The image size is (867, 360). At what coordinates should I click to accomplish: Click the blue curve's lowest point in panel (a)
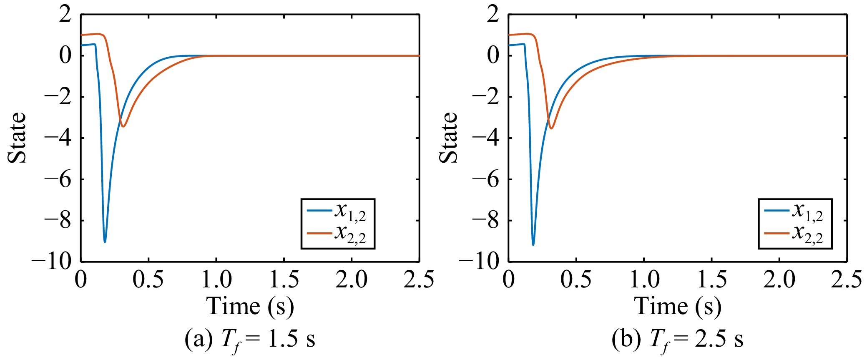click(x=105, y=242)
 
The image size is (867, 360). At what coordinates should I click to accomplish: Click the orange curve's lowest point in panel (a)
click(x=123, y=126)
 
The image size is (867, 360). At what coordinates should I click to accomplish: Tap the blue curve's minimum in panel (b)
click(x=533, y=244)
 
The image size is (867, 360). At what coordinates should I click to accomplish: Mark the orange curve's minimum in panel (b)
click(x=551, y=128)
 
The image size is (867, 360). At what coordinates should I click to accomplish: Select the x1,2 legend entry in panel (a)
click(x=336, y=211)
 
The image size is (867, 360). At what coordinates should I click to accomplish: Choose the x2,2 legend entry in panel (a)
click(x=336, y=233)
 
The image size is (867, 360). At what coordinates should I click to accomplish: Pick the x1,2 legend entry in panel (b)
click(x=793, y=211)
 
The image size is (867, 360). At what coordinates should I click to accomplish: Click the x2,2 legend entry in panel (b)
click(x=793, y=233)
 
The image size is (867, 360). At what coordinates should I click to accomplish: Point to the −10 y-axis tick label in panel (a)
click(x=52, y=262)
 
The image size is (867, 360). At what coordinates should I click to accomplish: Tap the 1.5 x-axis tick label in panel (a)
click(x=284, y=279)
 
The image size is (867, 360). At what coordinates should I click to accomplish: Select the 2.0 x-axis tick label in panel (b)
click(x=779, y=279)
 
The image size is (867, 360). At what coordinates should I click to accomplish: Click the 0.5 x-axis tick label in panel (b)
click(x=576, y=279)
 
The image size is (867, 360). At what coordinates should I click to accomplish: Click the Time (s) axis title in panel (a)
click(x=250, y=307)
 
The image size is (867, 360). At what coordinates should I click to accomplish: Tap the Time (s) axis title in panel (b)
click(x=678, y=307)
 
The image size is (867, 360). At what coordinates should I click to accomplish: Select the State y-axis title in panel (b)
click(x=449, y=138)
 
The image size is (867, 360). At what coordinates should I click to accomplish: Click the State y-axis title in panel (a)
click(x=17, y=138)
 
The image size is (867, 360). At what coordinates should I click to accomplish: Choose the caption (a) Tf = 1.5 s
click(x=250, y=340)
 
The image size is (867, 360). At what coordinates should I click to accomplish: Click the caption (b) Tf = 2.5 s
click(x=678, y=340)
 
